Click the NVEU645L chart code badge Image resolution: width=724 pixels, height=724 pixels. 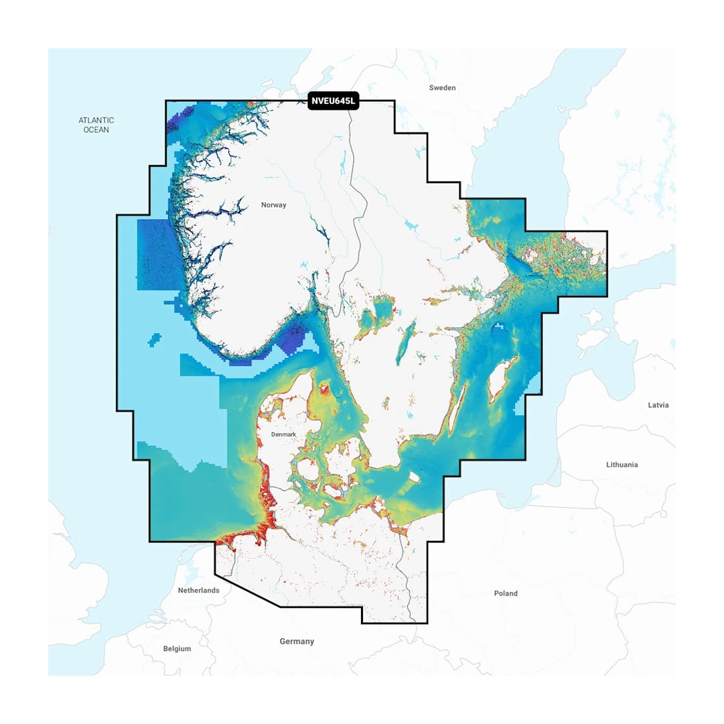click(x=333, y=101)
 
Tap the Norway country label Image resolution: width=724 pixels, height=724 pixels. click(x=274, y=205)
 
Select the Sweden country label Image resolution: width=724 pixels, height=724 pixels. click(x=442, y=88)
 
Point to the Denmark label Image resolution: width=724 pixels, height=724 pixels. click(x=284, y=435)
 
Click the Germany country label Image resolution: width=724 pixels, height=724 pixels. click(x=297, y=642)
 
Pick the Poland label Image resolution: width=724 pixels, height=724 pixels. click(x=505, y=594)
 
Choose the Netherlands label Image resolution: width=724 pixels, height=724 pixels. click(x=198, y=590)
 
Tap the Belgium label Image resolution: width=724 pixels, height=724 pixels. click(x=177, y=649)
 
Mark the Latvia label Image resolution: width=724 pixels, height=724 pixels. click(x=658, y=405)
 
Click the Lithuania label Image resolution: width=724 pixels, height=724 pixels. click(x=621, y=465)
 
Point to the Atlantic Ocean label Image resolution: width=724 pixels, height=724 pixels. click(x=96, y=125)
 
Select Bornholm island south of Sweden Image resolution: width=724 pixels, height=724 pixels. click(x=415, y=477)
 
